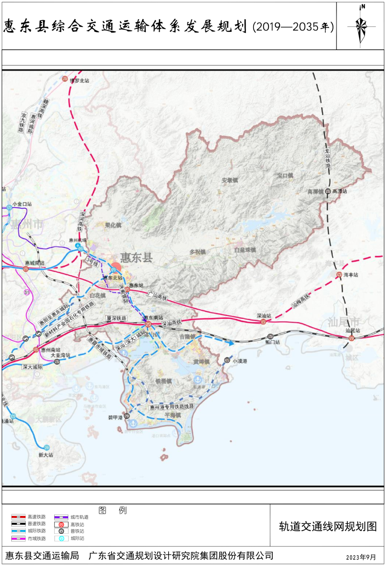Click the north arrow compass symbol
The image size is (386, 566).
point(361,26)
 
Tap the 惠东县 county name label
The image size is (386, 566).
point(136,258)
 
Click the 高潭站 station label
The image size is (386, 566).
point(340,191)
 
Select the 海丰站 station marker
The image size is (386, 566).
point(339,274)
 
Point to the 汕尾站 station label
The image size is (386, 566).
point(353,331)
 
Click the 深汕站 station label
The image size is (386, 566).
point(264,316)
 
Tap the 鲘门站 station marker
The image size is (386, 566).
point(270,336)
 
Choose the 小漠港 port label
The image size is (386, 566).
point(240,361)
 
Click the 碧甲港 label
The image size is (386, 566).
point(115,418)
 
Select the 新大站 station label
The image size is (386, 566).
point(46,455)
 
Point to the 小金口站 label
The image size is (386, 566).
point(22,204)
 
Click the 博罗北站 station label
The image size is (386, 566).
point(80,80)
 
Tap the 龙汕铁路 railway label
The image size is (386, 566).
point(327,158)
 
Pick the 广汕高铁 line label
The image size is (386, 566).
point(157,296)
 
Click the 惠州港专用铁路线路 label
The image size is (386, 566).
point(172,407)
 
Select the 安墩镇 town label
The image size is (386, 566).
point(229,180)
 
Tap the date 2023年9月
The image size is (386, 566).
point(361,557)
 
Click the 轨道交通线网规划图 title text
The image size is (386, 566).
point(328,526)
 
